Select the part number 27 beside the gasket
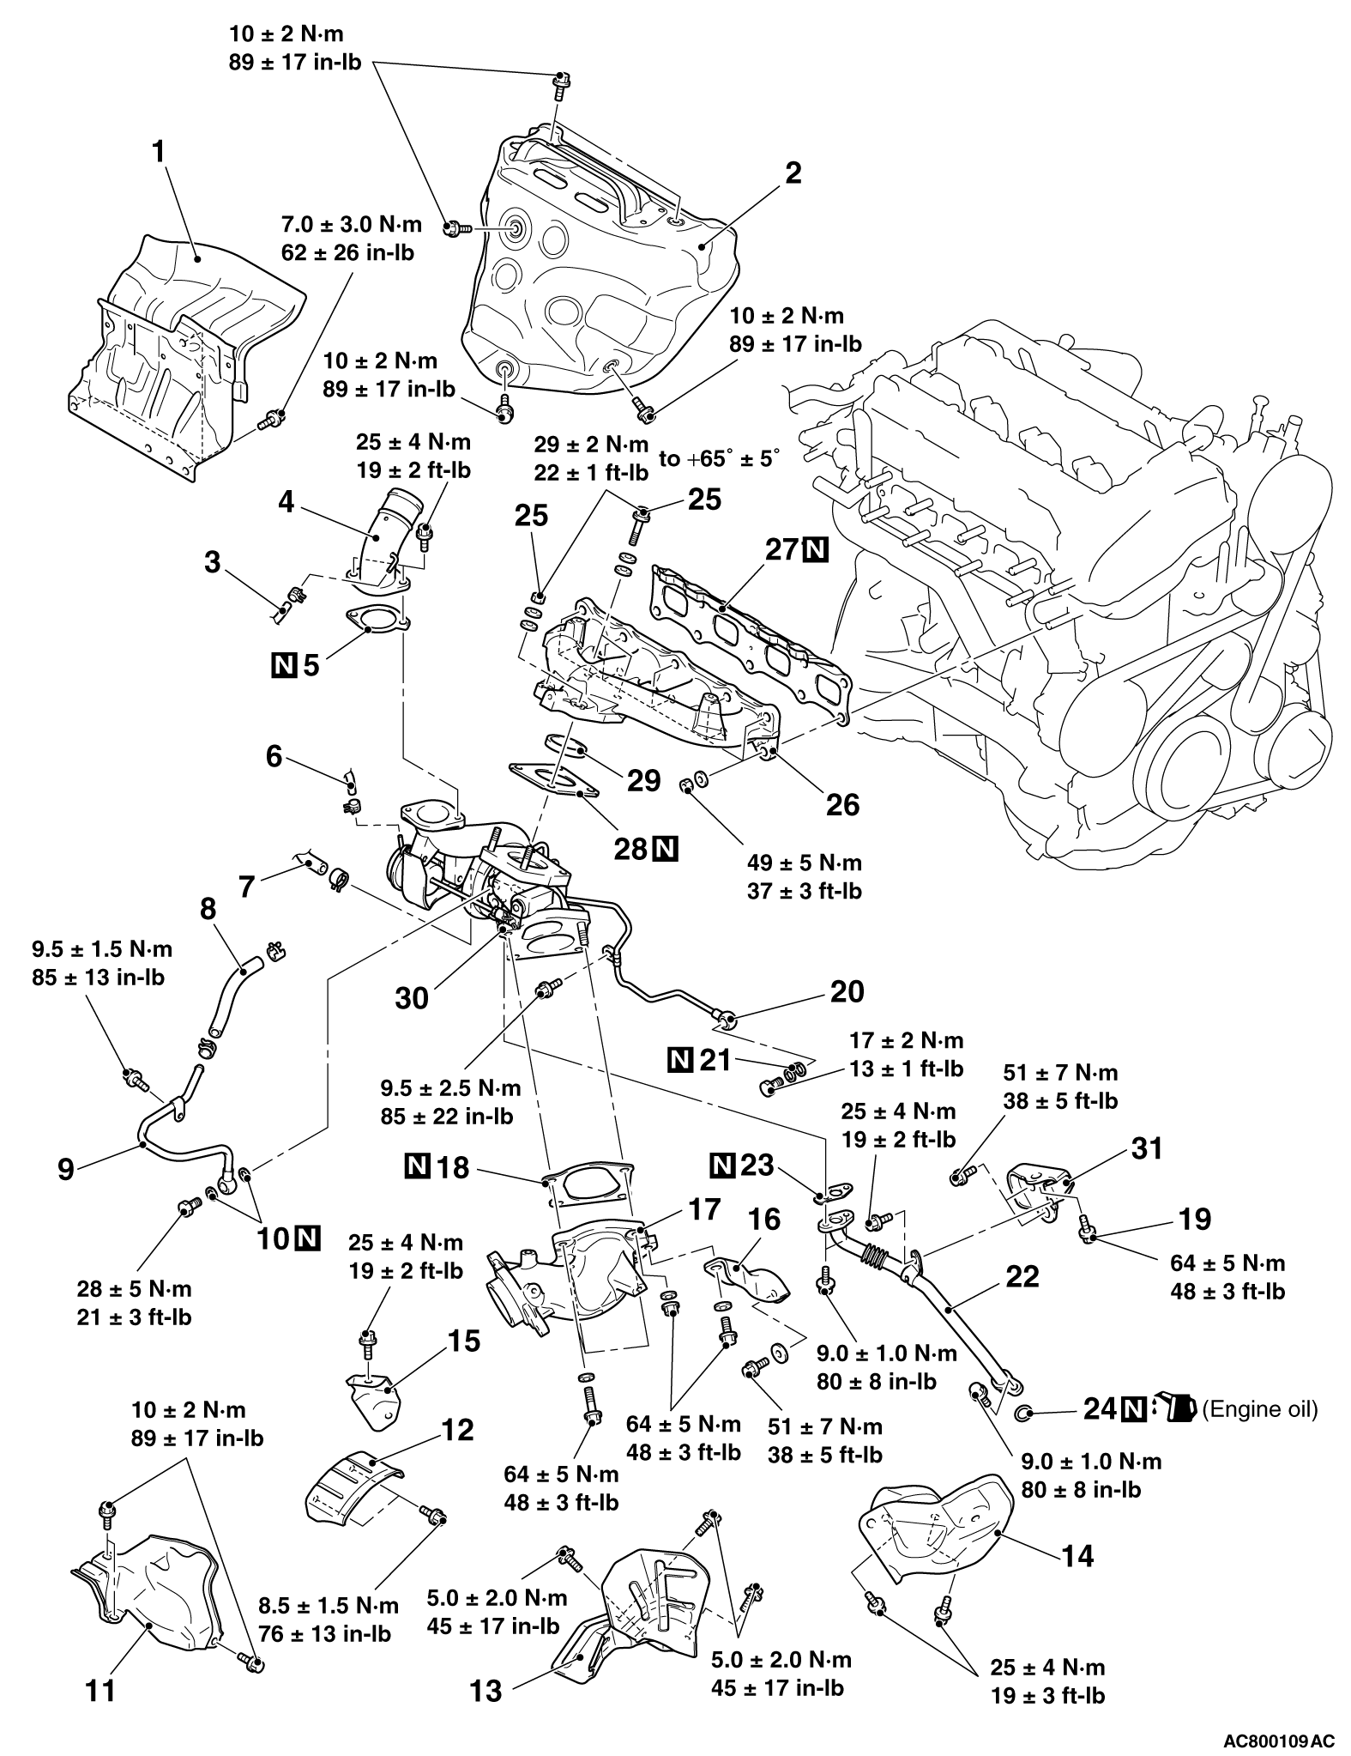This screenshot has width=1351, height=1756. click(781, 550)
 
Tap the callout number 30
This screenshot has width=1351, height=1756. click(412, 998)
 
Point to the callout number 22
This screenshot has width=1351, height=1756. click(1022, 1276)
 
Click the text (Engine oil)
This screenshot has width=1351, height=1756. click(1260, 1408)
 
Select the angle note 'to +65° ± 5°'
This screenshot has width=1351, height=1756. click(720, 458)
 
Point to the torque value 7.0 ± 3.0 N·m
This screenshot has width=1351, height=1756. click(352, 225)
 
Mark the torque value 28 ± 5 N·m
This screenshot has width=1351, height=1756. click(134, 1289)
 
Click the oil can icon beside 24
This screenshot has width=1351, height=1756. click(1175, 1409)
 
